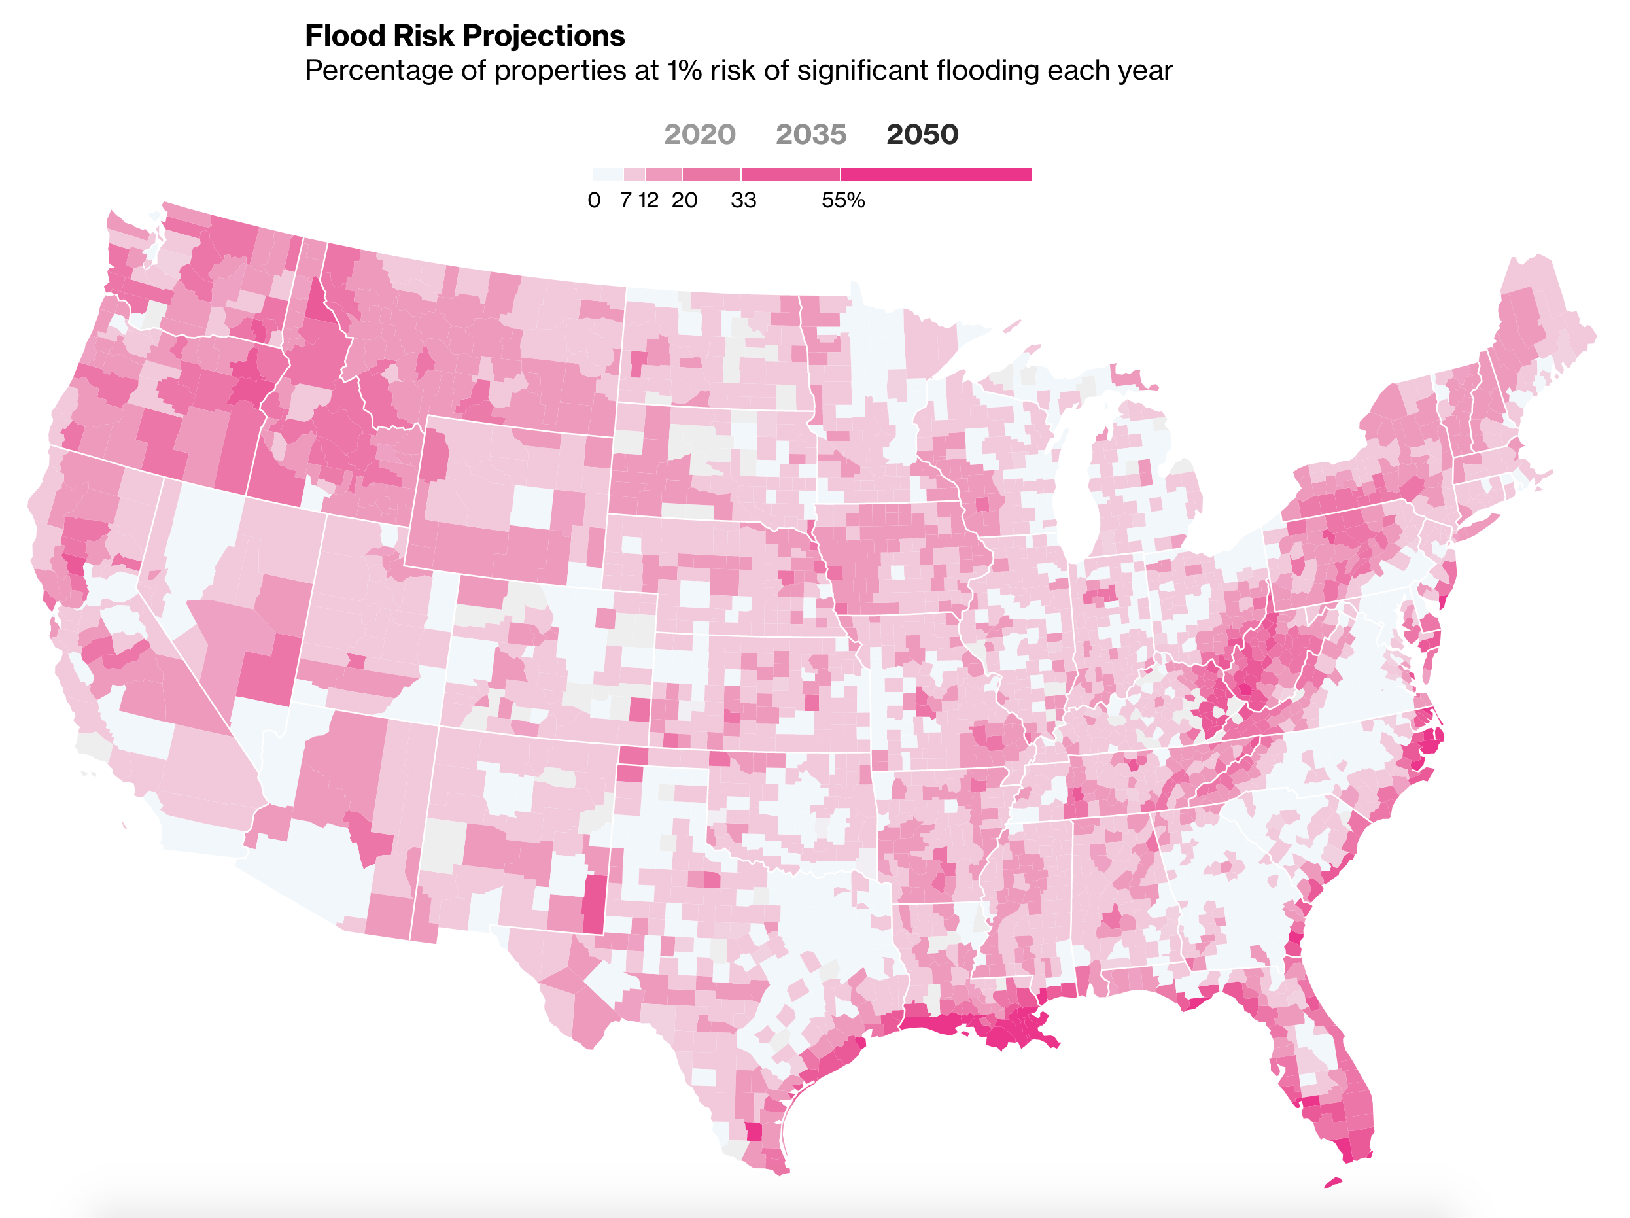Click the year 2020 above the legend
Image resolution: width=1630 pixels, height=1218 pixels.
699,134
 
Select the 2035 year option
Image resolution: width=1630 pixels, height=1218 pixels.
810,134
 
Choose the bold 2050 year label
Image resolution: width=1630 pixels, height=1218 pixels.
922,134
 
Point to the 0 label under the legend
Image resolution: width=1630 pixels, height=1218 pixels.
594,200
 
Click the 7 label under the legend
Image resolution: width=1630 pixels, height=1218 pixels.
625,200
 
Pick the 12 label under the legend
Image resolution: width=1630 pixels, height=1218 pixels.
648,200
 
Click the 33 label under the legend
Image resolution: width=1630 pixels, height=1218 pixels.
743,200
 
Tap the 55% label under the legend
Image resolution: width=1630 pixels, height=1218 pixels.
843,200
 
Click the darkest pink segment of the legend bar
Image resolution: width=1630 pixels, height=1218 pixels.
936,175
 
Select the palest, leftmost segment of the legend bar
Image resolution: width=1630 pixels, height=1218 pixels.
608,175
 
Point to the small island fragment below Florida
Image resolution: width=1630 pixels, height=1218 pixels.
1333,1183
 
